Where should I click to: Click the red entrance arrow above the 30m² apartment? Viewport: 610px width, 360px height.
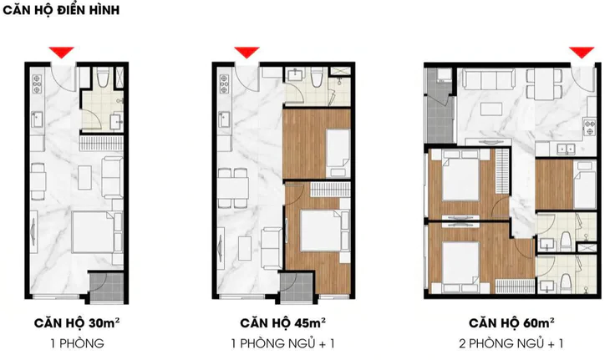coord(62,52)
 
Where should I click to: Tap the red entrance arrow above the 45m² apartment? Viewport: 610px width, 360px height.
coord(247,52)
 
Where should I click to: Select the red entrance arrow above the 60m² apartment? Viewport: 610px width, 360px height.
coord(582,52)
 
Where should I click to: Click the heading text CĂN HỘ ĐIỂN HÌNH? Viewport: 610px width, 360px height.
coord(61,10)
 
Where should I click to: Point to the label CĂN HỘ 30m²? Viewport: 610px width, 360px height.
coord(77,323)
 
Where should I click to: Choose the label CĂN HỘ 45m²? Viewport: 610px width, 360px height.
coord(282,323)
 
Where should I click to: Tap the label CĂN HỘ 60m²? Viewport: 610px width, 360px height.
coord(511,323)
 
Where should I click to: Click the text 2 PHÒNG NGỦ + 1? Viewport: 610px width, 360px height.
coord(511,343)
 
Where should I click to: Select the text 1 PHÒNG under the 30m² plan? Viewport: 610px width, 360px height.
coord(77,343)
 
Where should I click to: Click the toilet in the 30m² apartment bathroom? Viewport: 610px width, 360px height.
coord(104,78)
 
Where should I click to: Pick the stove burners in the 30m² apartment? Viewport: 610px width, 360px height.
coord(37,84)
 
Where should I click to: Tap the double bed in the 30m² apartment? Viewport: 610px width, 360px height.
coord(94,232)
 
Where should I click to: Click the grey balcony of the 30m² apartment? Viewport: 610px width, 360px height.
coord(106,286)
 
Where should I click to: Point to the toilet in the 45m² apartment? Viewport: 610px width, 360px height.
coord(317,78)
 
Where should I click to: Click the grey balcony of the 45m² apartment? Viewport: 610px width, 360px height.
coord(296,286)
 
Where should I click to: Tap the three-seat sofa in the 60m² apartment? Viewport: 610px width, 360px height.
coord(490,79)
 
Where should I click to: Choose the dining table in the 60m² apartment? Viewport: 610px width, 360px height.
coord(544,84)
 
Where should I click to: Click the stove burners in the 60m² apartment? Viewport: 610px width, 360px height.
coord(590,127)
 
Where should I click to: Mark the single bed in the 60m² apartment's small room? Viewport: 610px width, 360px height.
coord(585,185)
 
